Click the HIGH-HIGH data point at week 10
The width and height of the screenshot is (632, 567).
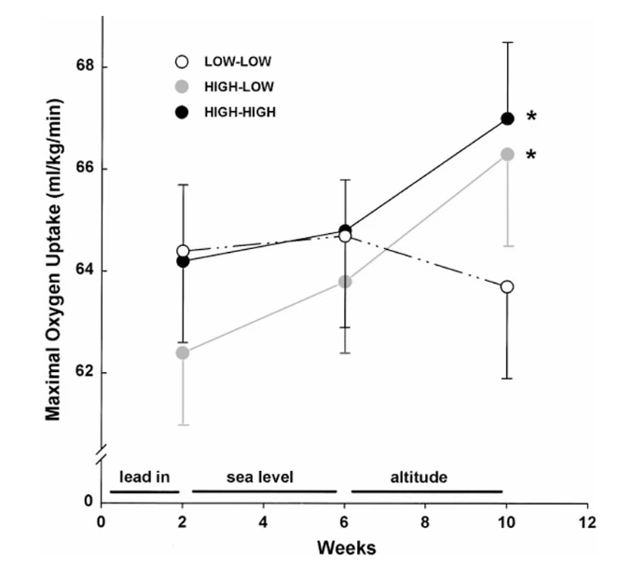507,119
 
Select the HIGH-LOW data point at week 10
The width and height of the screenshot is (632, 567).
507,154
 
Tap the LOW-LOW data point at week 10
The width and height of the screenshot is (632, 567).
507,287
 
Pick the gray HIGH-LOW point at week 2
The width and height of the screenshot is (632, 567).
183,353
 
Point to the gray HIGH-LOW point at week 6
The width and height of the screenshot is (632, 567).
345,282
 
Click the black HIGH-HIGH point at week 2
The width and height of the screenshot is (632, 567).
183,261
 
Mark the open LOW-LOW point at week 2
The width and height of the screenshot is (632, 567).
183,251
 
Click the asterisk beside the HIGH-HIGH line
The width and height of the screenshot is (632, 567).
531,117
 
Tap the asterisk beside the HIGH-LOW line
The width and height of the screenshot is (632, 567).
531,154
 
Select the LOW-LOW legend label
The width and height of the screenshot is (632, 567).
238,62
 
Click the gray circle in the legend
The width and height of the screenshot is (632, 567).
182,87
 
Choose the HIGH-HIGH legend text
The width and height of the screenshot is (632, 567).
240,112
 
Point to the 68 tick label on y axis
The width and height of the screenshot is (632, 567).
85,65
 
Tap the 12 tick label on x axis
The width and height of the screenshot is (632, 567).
587,522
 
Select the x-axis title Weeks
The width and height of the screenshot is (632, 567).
347,548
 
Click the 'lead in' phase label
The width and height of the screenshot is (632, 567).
144,477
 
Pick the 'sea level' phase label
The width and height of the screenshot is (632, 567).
260,477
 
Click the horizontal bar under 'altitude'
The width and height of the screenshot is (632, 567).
427,491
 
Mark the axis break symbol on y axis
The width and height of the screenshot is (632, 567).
102,453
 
